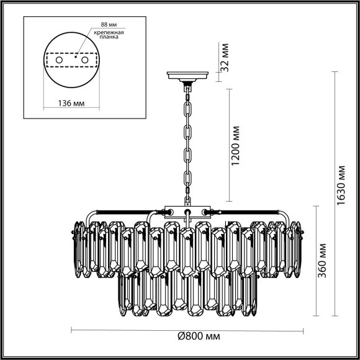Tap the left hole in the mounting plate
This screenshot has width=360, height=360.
(x=59, y=61)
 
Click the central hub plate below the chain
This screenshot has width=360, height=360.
(x=186, y=211)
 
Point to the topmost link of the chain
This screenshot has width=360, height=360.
(x=186, y=92)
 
